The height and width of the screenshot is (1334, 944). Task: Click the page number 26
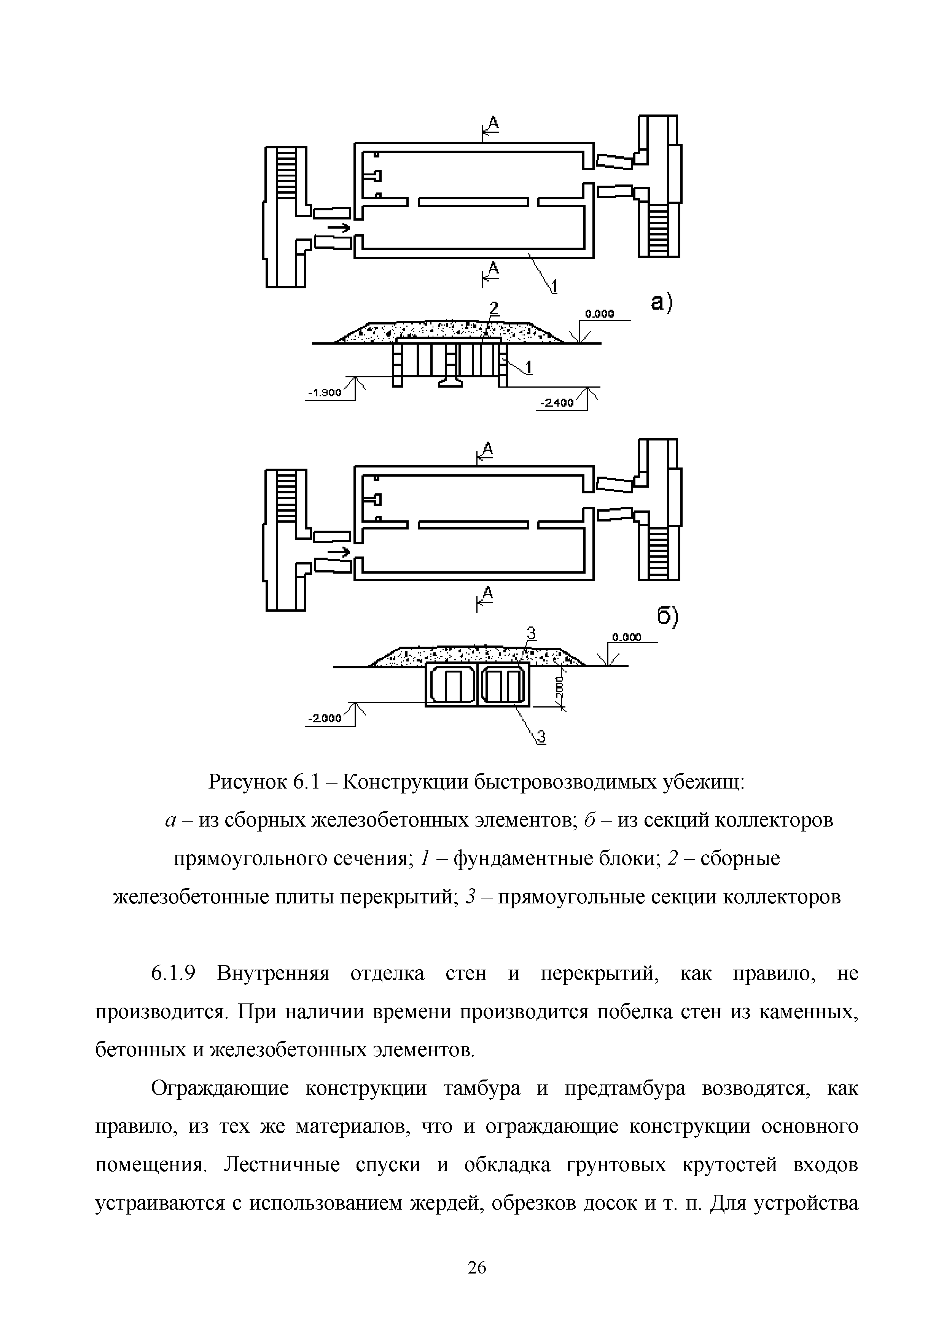476,1268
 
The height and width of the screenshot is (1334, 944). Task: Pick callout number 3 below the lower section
541,737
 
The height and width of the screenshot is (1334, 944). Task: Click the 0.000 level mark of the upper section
599,314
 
